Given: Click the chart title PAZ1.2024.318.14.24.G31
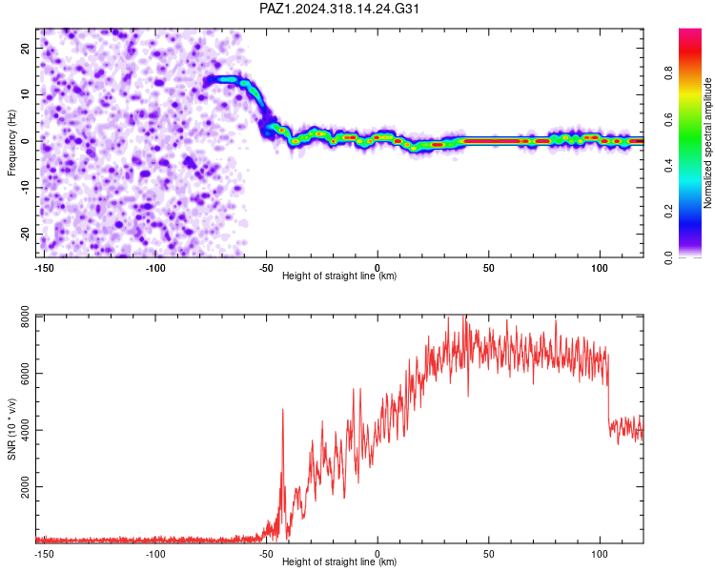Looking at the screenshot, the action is click(x=338, y=9).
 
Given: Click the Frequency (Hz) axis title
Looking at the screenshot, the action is click(x=11, y=143).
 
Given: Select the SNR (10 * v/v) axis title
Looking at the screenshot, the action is click(x=11, y=429).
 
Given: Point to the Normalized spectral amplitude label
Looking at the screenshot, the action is click(x=707, y=143).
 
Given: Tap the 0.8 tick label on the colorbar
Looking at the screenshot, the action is click(x=668, y=73).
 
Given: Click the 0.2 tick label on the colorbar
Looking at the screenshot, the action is click(x=668, y=212).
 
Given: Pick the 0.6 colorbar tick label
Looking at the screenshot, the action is click(x=668, y=119).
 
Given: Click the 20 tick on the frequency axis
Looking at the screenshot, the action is click(x=26, y=49).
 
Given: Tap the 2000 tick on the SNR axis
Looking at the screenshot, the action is click(x=26, y=487).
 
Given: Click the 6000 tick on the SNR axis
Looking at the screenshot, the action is click(x=26, y=374).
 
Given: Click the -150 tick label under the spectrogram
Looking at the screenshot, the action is click(x=44, y=268).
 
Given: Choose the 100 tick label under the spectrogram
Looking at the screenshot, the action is click(x=600, y=268).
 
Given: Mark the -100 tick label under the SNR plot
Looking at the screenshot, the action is click(x=155, y=554).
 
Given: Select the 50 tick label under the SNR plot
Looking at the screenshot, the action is click(x=488, y=554).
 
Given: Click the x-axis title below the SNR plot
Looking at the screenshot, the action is click(x=339, y=562).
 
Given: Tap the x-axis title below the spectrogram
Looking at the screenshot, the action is click(x=339, y=276).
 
